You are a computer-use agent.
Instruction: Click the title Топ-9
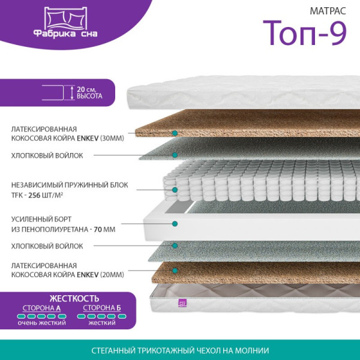(x=304, y=34)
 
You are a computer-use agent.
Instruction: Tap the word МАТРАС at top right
(x=328, y=11)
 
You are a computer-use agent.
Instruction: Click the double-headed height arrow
(x=72, y=92)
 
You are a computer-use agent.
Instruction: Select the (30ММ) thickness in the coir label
(x=112, y=138)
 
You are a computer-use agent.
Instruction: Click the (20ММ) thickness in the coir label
(x=112, y=275)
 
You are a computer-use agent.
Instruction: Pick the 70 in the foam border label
(x=98, y=229)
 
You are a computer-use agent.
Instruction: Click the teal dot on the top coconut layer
(x=175, y=133)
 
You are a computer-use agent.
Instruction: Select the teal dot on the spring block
(x=175, y=190)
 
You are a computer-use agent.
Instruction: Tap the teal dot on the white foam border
(x=175, y=223)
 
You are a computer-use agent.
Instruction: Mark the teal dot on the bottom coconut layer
(x=175, y=271)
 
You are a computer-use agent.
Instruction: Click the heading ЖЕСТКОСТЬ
(x=74, y=298)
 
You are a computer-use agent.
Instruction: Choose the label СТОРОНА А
(x=41, y=308)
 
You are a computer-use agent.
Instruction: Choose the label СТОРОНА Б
(x=102, y=308)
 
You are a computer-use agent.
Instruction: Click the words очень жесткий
(x=41, y=323)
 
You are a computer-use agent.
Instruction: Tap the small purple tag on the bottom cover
(x=182, y=302)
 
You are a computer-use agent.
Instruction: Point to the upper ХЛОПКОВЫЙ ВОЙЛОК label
(x=47, y=155)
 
